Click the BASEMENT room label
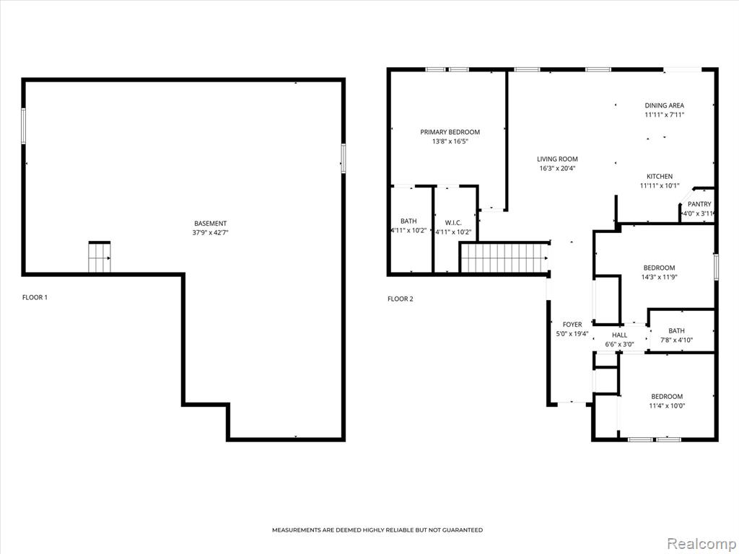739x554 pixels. pos(210,224)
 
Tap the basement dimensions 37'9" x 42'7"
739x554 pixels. pos(210,232)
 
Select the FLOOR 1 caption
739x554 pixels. pos(35,297)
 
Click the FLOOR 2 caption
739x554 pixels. pos(400,299)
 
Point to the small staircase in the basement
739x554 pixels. pos(100,258)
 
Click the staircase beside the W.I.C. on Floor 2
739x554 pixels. pos(504,258)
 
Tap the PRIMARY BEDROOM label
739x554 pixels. pos(450,132)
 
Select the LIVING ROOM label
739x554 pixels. pos(557,159)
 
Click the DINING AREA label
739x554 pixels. pos(665,105)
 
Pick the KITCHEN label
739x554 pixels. pos(660,176)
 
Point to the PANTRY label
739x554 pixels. pos(699,204)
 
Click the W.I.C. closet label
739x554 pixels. pos(453,222)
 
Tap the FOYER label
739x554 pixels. pos(572,324)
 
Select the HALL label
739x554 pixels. pos(619,335)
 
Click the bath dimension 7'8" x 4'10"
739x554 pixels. pos(676,340)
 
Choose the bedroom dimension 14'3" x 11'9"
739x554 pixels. pos(659,277)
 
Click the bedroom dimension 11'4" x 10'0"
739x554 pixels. pos(667,405)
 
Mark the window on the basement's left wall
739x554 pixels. pos(23,126)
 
